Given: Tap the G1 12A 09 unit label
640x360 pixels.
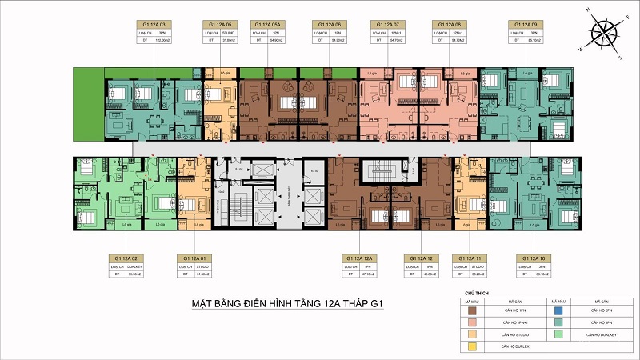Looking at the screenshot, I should point(524,25).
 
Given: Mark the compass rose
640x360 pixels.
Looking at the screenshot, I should point(604,35).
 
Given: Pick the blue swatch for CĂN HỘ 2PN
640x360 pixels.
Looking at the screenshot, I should point(555,310).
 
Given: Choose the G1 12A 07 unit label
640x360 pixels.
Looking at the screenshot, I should point(389,25).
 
